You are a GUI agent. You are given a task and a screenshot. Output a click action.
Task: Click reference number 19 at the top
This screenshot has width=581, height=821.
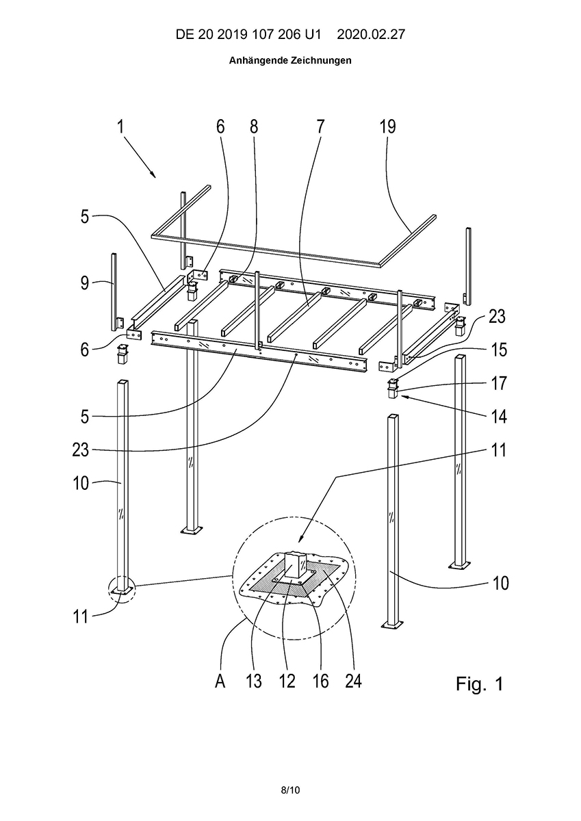point(387,127)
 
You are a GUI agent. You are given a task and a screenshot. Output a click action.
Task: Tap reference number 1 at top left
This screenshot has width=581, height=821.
point(120,127)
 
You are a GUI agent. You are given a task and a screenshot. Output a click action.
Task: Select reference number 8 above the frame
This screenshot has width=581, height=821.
point(254,127)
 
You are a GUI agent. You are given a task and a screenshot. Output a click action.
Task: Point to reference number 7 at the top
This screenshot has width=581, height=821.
point(320,127)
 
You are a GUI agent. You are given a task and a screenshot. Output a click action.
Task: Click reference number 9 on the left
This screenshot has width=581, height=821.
point(85,283)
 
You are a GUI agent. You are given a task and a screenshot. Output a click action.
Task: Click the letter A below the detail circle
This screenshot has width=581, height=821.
point(220,681)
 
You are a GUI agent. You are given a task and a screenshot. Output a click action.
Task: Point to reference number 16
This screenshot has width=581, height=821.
point(320,681)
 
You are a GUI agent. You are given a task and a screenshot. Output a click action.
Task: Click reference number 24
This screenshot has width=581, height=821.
point(353,681)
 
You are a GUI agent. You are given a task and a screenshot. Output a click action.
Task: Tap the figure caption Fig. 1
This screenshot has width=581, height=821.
point(479,683)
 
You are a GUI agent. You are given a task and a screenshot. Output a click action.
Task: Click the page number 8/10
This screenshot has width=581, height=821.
point(290,790)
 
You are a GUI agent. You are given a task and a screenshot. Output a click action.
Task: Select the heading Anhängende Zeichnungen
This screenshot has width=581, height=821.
point(290,60)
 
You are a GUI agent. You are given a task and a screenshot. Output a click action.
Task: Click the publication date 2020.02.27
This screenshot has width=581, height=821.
point(371,34)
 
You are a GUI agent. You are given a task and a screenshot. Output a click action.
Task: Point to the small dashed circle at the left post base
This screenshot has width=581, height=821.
point(122,590)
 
